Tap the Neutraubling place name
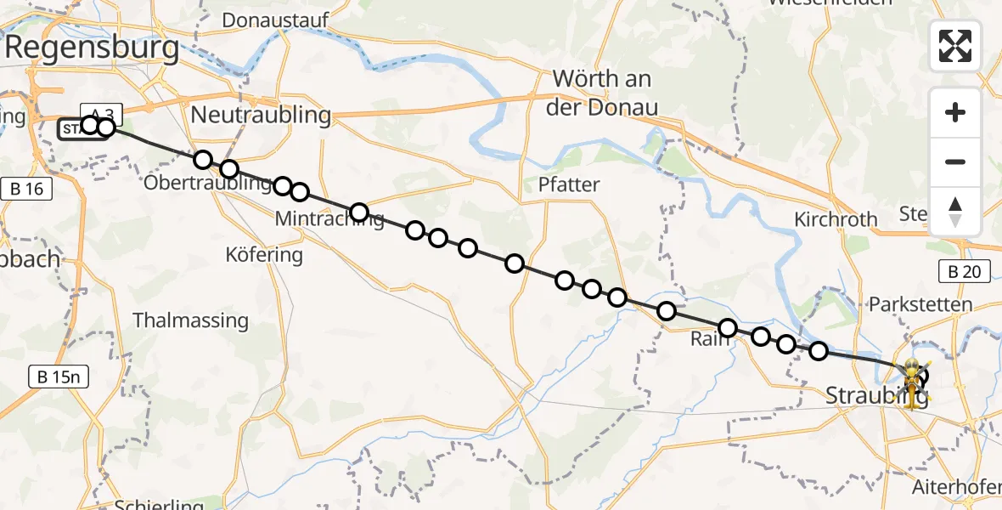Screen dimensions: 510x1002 [261, 116]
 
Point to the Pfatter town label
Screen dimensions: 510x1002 [569, 184]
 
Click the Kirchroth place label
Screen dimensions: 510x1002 [836, 219]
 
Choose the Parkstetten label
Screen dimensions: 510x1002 [920, 304]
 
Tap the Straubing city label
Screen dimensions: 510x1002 [875, 395]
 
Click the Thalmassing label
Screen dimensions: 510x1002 [191, 321]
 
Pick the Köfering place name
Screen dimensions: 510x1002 [264, 254]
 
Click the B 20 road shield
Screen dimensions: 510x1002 [965, 272]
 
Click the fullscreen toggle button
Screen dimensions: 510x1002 [955, 46]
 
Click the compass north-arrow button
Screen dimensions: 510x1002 [955, 212]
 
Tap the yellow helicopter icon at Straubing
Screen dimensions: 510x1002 [911, 382]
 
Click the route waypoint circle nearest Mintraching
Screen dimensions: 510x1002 [359, 212]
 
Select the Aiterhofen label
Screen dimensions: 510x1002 [955, 488]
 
